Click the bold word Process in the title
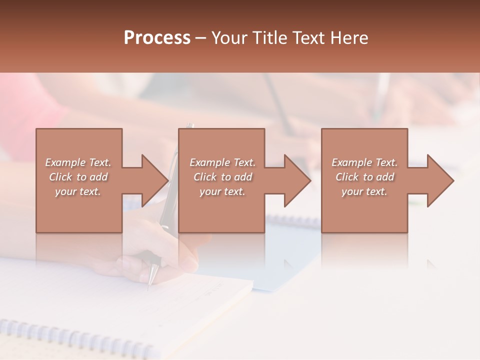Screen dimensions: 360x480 click(x=157, y=38)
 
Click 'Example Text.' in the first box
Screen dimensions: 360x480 click(x=78, y=162)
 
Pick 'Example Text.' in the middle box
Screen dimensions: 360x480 click(x=222, y=162)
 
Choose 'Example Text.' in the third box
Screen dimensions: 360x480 click(x=364, y=162)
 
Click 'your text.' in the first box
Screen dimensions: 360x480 click(x=78, y=191)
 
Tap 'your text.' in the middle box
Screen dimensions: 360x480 click(x=222, y=191)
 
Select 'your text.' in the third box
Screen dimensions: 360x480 click(x=364, y=191)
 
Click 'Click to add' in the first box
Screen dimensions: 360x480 click(x=78, y=177)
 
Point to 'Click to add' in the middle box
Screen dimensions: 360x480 click(x=222, y=177)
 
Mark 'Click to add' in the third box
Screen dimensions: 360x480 click(x=364, y=177)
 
